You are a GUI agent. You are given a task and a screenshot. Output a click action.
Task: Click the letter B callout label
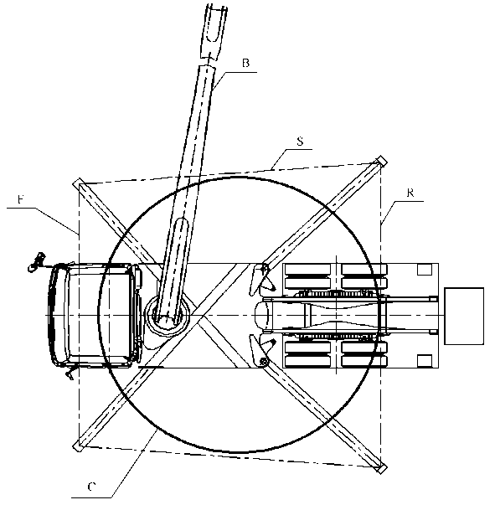(x=245, y=63)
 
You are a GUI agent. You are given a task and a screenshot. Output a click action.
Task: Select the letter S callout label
(x=300, y=141)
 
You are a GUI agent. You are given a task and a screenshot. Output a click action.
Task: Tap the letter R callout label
(x=410, y=193)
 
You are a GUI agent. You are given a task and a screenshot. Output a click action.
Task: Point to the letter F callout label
(x=21, y=199)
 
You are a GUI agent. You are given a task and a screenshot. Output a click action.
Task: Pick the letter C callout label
(x=92, y=487)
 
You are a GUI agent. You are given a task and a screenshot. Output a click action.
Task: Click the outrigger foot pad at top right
(x=381, y=161)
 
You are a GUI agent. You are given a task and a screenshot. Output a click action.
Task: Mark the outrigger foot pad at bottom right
(x=381, y=469)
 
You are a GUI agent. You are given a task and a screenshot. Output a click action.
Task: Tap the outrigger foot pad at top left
(x=78, y=183)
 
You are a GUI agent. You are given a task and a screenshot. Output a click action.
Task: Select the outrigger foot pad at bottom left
(x=78, y=446)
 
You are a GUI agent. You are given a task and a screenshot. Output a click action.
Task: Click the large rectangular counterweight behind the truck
(x=464, y=316)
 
